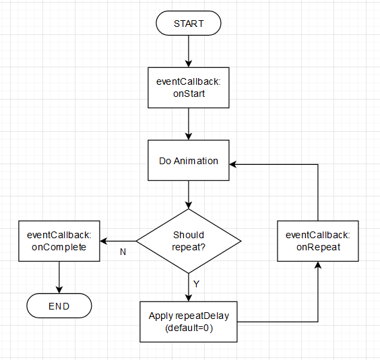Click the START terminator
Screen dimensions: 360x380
point(188,24)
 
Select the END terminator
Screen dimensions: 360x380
point(59,307)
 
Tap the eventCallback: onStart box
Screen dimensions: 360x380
point(188,87)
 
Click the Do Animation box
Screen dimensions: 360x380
point(188,161)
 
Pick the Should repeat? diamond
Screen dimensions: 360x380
point(188,241)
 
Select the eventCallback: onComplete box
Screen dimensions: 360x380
point(59,241)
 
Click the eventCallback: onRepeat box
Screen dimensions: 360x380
point(317,241)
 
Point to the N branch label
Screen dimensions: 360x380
point(123,252)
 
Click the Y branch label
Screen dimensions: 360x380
point(196,284)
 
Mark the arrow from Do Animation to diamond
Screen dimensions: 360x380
point(188,194)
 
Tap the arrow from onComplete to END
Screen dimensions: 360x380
point(59,277)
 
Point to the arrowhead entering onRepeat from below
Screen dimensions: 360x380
point(317,265)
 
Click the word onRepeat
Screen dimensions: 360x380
point(317,247)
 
